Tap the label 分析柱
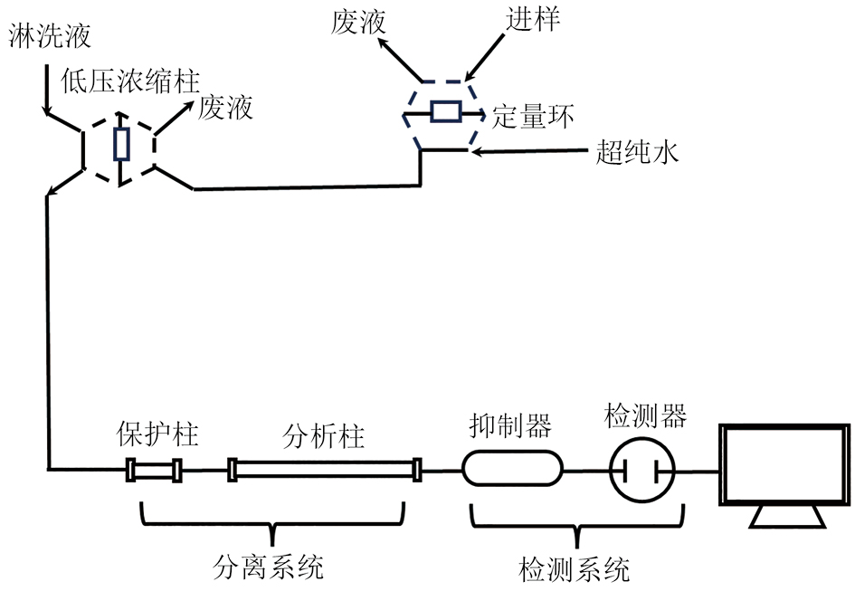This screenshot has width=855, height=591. point(324,437)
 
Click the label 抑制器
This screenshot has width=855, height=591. point(510,424)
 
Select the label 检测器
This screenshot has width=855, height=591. point(645,417)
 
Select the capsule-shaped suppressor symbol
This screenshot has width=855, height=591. point(512,470)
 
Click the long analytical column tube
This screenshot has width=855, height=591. point(325,471)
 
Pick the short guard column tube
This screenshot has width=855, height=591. point(154,471)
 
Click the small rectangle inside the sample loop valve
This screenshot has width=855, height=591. point(446,112)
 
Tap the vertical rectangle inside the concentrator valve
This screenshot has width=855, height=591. point(120,144)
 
